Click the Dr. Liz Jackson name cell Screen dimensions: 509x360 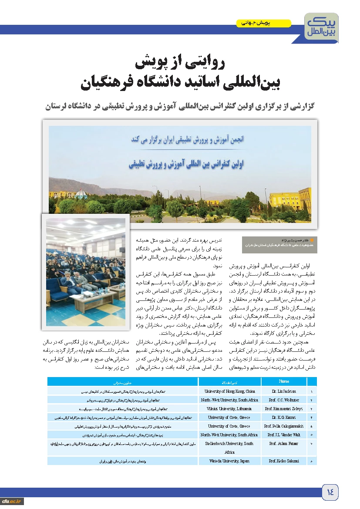pos(284,391)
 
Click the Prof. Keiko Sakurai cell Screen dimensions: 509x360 pos(284,461)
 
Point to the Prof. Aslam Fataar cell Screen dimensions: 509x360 pos(284,443)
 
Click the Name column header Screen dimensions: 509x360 pos(284,381)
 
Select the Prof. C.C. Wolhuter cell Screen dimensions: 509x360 pos(284,400)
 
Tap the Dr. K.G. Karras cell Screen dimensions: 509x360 pos(284,418)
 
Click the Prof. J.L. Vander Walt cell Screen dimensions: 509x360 pos(284,435)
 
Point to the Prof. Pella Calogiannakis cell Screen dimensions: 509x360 pos(284,426)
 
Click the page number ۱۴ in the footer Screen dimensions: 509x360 pos(330,492)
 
